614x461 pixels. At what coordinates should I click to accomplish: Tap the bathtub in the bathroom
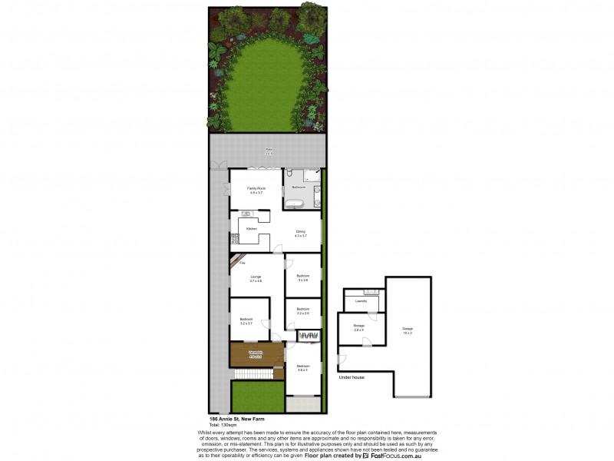pos(295,204)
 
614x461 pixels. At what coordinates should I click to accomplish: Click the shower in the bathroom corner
pos(312,176)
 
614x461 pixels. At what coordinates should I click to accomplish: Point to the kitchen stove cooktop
pos(233,239)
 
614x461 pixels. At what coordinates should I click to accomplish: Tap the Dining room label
pos(301,233)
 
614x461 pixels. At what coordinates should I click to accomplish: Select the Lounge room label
pos(256,278)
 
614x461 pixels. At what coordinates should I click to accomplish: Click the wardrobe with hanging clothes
pos(309,337)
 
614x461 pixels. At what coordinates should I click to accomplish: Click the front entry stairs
pos(253,373)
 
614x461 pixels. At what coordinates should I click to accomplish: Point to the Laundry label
pos(361,301)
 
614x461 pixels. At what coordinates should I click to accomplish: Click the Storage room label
pos(358,327)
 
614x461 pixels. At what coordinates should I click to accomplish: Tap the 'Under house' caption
pos(351,377)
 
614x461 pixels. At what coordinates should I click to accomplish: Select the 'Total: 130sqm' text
pos(222,424)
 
